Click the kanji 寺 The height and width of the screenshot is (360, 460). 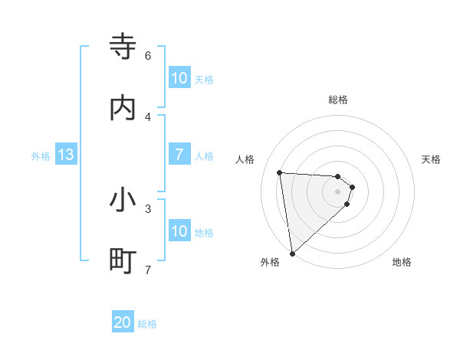point(123,47)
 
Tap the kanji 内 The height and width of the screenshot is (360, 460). point(123,108)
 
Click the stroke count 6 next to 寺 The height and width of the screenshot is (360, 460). point(148,56)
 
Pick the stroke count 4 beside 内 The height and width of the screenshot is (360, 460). point(148,117)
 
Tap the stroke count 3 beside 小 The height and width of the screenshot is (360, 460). point(148,208)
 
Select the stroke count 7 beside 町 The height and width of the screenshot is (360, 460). point(148,270)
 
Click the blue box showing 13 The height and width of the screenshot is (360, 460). point(66,155)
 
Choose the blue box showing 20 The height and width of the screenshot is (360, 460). point(123,323)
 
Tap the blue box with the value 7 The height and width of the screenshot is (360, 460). point(179,155)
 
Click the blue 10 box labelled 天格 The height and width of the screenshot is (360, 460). point(179,78)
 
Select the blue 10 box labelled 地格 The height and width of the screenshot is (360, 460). point(179,231)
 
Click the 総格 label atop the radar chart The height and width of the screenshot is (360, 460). point(338,100)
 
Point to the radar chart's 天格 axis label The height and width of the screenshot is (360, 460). point(431,159)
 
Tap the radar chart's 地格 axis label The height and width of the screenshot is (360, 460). point(402,263)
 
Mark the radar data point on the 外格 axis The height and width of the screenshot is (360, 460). point(291,253)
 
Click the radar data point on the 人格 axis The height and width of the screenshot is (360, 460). point(280,172)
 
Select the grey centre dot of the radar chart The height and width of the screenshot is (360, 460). point(338,191)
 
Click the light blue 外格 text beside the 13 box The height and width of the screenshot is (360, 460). point(41,156)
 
